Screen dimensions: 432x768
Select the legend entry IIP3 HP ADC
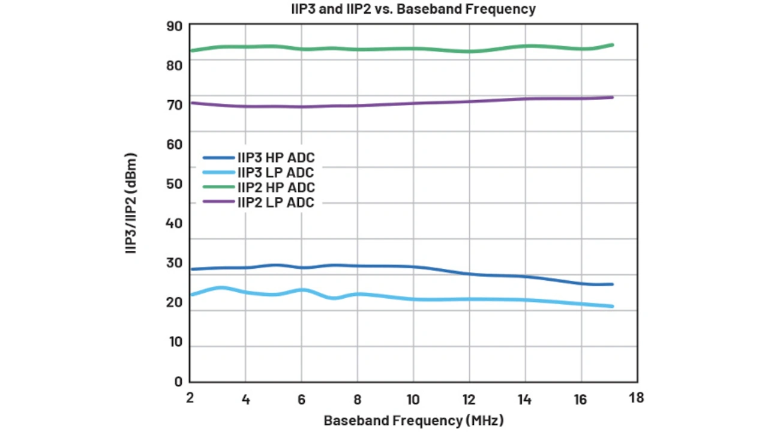click(275, 158)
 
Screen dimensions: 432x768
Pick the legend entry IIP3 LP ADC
click(275, 173)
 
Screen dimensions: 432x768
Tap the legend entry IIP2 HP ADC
click(275, 188)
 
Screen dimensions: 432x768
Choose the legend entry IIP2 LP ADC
click(275, 203)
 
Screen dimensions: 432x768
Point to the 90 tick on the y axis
click(174, 26)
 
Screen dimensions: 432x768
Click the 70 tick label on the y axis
click(174, 105)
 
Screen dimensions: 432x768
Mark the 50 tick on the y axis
click(174, 184)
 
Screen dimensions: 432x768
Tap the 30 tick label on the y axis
click(174, 263)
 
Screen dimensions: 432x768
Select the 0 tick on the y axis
click(178, 381)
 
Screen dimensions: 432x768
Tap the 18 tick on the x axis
click(637, 398)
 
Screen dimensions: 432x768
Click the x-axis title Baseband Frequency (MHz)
click(413, 420)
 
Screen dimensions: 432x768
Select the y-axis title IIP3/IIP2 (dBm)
click(131, 203)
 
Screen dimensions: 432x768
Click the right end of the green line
click(612, 45)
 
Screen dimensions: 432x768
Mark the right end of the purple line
click(612, 97)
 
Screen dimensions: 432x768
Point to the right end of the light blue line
click(612, 307)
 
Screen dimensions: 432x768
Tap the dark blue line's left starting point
click(191, 269)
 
